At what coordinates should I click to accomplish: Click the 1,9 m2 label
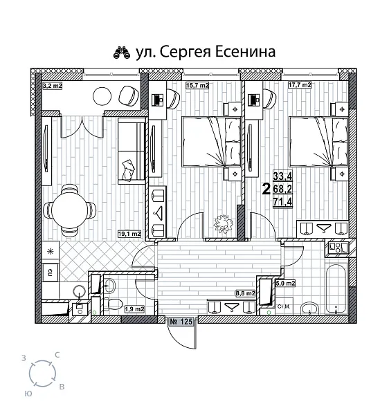tap(134, 308)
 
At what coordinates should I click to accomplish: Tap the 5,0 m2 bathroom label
tap(286, 283)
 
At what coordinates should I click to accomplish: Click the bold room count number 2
tap(266, 187)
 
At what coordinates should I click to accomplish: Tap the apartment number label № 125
tap(181, 322)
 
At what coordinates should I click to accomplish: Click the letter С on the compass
tap(57, 354)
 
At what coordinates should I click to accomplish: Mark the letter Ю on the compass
tap(27, 392)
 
